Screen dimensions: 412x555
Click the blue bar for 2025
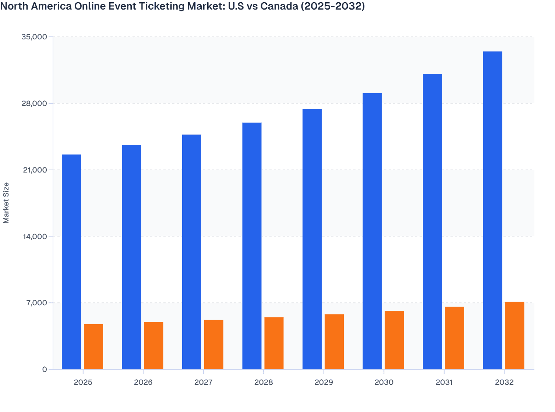71,262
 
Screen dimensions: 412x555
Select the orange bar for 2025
93,347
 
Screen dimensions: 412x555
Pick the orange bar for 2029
334,342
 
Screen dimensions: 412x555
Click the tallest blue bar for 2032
492,210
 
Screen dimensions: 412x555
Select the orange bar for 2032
515,335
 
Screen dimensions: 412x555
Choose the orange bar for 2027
214,344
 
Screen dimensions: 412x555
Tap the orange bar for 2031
455,338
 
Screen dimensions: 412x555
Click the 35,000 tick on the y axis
35,37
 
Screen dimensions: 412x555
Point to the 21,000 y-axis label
35,170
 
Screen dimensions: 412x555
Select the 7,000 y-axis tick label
36,303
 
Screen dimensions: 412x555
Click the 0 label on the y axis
45,369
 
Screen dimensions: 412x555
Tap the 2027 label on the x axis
203,382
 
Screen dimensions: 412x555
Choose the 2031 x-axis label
444,382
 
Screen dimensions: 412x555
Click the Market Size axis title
6,203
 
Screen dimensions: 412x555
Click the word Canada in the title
279,6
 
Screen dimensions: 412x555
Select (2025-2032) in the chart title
333,6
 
